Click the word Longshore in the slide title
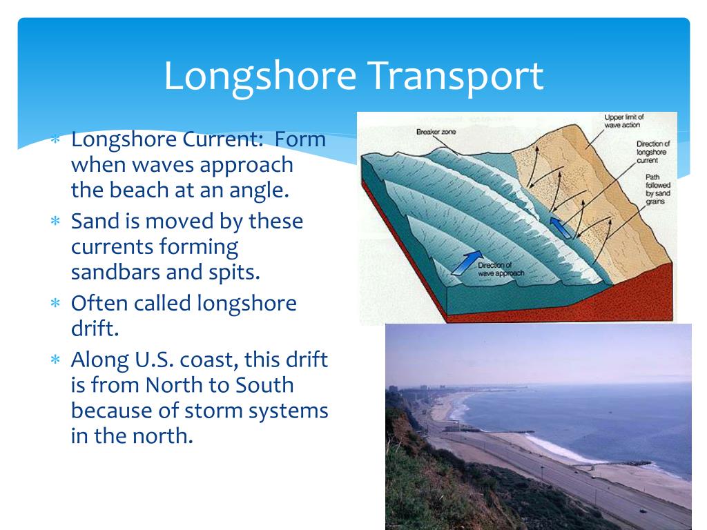click(259, 77)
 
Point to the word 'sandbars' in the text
click(115, 271)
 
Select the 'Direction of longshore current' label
click(652, 152)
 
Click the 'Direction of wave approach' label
click(500, 269)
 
